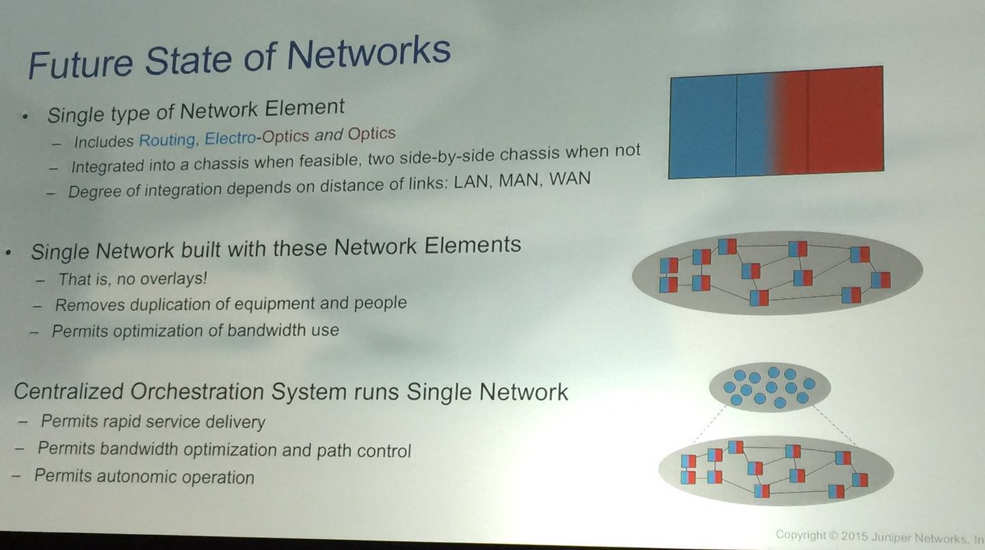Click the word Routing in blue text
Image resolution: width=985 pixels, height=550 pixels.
167,140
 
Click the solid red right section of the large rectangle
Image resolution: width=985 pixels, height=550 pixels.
845,121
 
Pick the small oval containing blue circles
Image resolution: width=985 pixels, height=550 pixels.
770,387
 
